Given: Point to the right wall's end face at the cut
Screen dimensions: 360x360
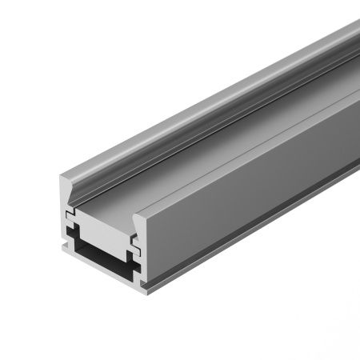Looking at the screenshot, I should pyautogui.click(x=137, y=240).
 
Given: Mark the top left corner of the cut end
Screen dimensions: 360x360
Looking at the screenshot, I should pyautogui.click(x=62, y=179).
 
